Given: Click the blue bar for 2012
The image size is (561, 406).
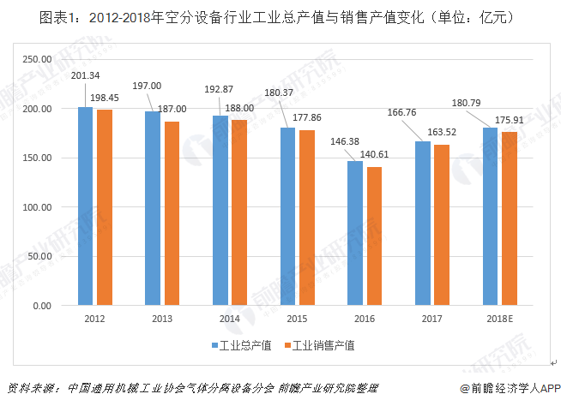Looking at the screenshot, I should pyautogui.click(x=86, y=206).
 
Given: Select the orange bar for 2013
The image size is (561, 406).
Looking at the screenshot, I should pyautogui.click(x=172, y=213).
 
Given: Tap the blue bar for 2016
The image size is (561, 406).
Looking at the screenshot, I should pyautogui.click(x=354, y=233).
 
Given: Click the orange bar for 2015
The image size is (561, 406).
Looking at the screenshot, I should pyautogui.click(x=306, y=218).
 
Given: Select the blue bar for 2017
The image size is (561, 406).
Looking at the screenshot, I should pyautogui.click(x=422, y=224).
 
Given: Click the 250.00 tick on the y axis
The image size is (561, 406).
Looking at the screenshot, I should pyautogui.click(x=38, y=59).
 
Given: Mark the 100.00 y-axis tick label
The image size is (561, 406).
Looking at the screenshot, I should pyautogui.click(x=38, y=207).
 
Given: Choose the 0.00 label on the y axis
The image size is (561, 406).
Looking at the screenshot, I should pyautogui.click(x=43, y=306).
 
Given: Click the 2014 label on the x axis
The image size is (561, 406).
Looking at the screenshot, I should pyautogui.click(x=229, y=319).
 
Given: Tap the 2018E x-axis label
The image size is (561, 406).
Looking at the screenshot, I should pyautogui.click(x=499, y=319).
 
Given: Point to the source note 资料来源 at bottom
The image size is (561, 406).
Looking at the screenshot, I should pyautogui.click(x=193, y=387).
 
